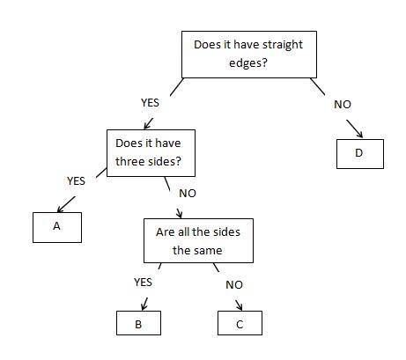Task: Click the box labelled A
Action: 56,227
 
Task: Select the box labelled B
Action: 138,324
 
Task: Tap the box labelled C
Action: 240,324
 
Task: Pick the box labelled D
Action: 359,153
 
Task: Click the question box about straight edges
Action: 247,54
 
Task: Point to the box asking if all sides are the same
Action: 198,240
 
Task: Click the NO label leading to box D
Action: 343,104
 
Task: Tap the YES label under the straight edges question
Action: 150,103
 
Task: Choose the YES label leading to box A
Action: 77,180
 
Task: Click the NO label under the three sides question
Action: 187,192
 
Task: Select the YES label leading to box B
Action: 143,283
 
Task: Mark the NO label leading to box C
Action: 233,285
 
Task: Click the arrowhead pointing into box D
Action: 359,135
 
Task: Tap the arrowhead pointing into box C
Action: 241,307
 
